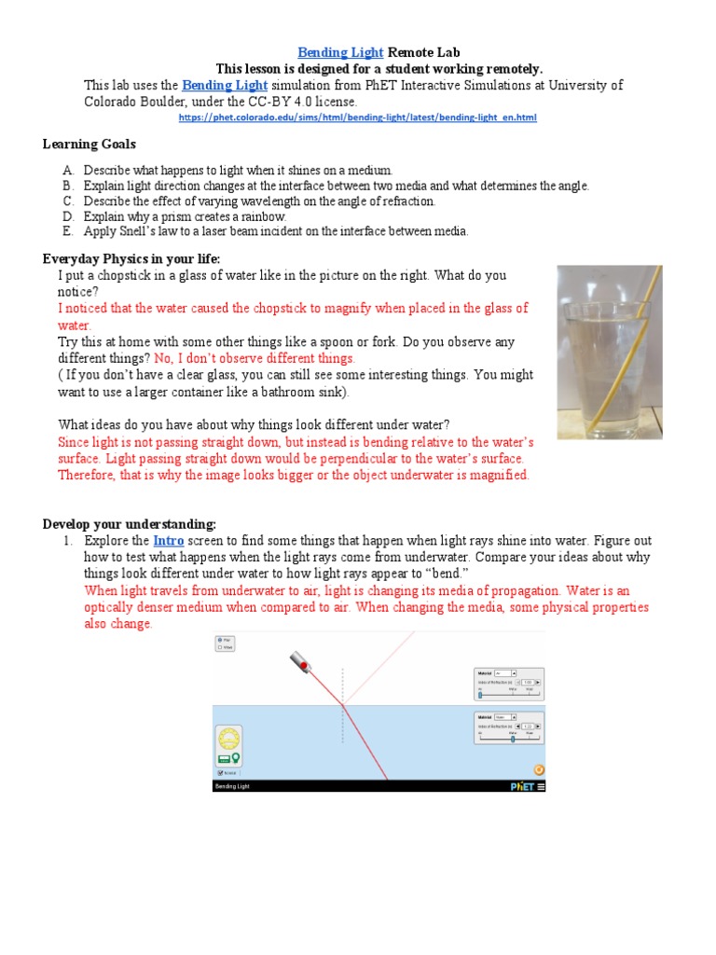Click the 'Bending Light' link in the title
[339, 53]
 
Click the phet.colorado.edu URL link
[357, 118]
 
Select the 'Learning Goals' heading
[89, 144]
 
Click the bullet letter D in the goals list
[68, 216]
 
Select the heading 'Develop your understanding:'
[130, 523]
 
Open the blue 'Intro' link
[169, 541]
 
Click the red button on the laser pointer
[304, 665]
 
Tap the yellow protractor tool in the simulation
[228, 738]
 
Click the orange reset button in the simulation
[538, 769]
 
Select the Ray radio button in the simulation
[220, 640]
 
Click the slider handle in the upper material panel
[480, 695]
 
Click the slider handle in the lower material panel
[512, 738]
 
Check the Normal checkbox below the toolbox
[220, 772]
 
